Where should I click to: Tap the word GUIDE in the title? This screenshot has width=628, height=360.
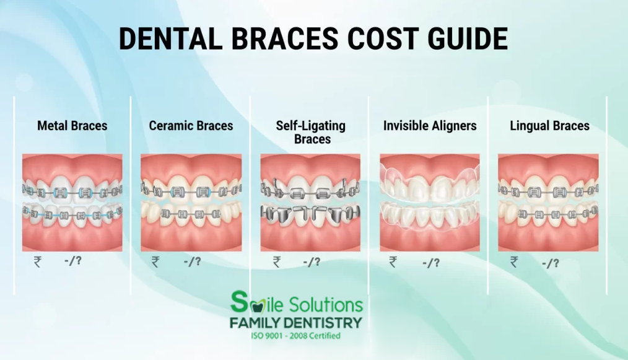468,39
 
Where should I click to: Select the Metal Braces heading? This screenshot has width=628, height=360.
72,126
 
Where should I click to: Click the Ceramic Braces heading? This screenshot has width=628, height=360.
191,126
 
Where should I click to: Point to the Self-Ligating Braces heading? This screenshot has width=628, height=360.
311,133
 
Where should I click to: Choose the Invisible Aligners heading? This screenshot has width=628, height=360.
430,126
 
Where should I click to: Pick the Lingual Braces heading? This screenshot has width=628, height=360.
549,126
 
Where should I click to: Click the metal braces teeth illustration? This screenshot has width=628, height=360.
72,203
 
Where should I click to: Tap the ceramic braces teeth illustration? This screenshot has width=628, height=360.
191,203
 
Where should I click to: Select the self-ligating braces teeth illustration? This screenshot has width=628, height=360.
310,203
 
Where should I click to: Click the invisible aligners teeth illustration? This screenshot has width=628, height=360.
430,203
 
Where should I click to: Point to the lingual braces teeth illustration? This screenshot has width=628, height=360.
548,203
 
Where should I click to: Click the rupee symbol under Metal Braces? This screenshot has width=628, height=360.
38,262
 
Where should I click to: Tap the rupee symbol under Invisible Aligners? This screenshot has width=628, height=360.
393,262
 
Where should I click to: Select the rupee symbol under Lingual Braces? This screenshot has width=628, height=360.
514,262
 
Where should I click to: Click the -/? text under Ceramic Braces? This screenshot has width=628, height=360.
192,261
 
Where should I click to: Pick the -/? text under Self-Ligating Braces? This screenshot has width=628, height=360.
312,262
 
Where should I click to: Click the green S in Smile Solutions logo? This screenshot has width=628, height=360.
239,302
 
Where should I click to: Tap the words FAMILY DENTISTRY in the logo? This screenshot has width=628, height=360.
296,323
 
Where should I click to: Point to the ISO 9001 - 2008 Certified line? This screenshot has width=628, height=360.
296,336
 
